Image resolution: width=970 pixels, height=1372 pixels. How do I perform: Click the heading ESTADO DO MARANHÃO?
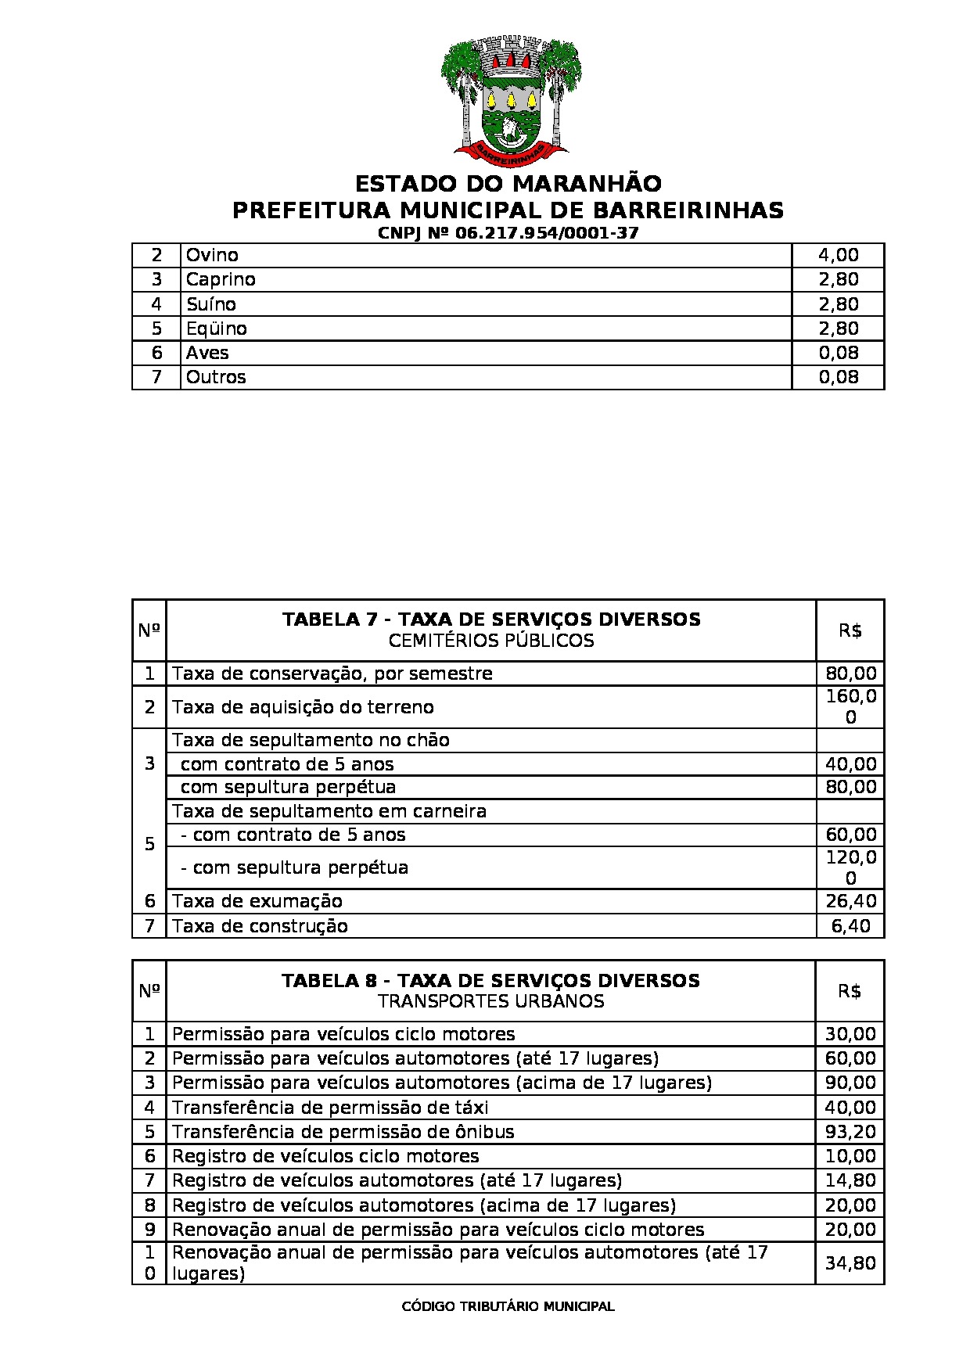pos(508,185)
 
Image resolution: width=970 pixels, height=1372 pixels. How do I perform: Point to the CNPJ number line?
pos(508,233)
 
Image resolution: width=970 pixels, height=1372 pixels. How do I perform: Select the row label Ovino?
pos(212,255)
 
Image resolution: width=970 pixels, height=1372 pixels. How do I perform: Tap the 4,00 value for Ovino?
pos(838,255)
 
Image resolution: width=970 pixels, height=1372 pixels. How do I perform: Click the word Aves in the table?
pos(207,353)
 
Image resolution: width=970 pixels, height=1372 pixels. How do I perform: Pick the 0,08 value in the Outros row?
pos(838,377)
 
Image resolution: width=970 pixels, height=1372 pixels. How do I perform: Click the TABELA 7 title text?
pos(491,620)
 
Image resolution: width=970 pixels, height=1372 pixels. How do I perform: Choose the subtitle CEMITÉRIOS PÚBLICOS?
pos(491,641)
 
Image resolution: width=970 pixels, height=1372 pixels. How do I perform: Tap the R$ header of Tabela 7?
pos(850,630)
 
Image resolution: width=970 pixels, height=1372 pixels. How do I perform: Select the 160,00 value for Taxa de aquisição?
pos(850,707)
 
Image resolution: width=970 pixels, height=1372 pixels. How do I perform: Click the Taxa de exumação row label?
pos(257,901)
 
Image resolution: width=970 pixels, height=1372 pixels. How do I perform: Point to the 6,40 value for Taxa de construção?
pos(850,926)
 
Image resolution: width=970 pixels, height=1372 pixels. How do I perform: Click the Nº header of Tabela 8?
pos(149,991)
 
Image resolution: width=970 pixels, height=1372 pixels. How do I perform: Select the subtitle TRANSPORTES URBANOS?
pos(491,1001)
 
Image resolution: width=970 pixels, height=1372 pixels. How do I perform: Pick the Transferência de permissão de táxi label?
pos(330,1108)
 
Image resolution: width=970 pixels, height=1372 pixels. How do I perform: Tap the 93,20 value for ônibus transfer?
pos(850,1132)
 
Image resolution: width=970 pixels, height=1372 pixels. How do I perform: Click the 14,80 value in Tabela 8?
pos(850,1180)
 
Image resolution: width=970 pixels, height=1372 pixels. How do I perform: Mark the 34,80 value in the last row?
pos(850,1262)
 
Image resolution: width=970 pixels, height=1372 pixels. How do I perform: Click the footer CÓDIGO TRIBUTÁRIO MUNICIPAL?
pos(508,1306)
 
